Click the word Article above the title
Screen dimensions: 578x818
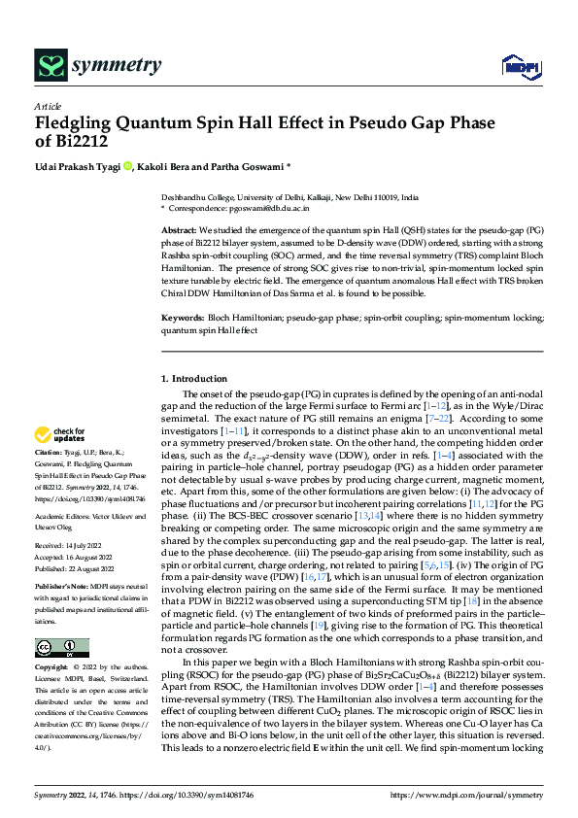pyautogui.click(x=48, y=106)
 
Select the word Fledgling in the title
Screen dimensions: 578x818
pyautogui.click(x=74, y=123)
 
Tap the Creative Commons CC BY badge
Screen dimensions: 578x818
pyautogui.click(x=61, y=648)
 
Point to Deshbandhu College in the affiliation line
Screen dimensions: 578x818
pyautogui.click(x=193, y=195)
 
